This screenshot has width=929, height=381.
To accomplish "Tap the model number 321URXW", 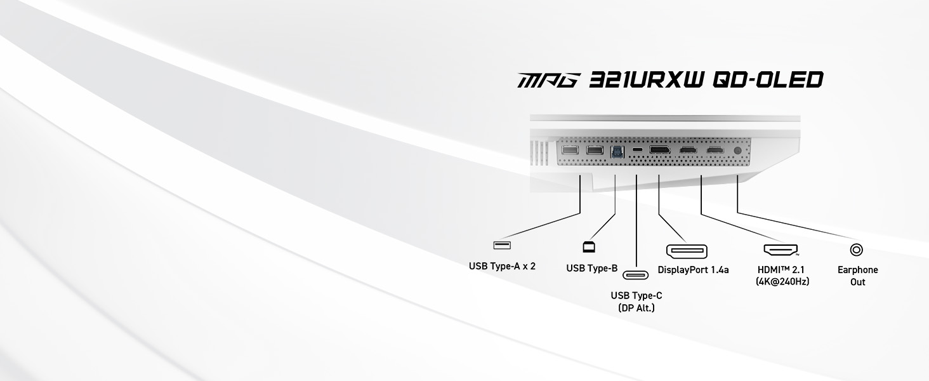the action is point(647,79).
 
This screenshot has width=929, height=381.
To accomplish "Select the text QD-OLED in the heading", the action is point(768,79).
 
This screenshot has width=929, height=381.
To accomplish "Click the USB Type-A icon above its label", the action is point(502,245).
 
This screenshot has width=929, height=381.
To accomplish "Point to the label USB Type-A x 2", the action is point(502,266).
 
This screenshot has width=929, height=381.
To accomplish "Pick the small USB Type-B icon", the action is point(589,246).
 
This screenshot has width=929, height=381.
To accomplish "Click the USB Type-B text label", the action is point(592,268).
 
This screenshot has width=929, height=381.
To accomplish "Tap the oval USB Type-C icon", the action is point(635,275).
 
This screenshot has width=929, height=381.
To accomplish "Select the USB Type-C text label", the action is point(636,295).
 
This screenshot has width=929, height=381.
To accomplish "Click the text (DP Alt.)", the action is point(636,308).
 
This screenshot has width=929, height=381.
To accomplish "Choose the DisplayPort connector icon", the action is point(687,251).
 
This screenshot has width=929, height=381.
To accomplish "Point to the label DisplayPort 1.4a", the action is point(693,270).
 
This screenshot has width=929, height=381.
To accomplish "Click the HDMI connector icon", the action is point(781,250).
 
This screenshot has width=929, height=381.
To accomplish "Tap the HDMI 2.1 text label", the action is point(781,270).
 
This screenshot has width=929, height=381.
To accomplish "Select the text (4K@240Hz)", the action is point(782,282).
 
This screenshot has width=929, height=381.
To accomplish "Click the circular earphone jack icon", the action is point(857,250).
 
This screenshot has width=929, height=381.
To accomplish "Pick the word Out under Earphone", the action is point(858,282).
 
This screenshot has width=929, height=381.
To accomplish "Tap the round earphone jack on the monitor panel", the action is point(737,150).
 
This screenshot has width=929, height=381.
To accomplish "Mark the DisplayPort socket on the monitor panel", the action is point(660,150).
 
